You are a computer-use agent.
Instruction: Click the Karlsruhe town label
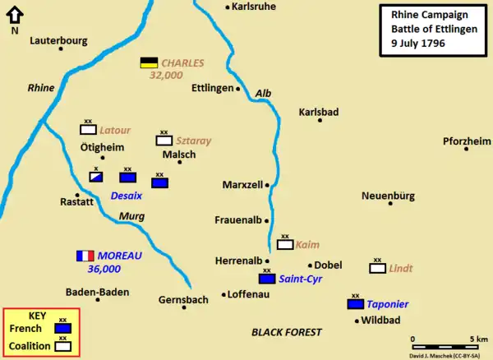click(x=255, y=7)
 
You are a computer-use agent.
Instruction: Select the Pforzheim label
click(x=467, y=141)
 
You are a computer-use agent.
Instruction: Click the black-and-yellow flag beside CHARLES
click(x=149, y=62)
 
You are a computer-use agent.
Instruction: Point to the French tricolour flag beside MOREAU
click(x=85, y=256)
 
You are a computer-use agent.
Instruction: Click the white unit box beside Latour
click(x=88, y=129)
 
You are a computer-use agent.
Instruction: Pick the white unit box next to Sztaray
click(x=164, y=141)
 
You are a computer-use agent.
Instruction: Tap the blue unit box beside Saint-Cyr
click(x=266, y=279)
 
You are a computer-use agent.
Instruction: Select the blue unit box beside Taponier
click(x=356, y=303)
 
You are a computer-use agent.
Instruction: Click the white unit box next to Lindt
click(x=377, y=268)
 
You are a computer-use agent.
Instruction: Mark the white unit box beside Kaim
click(x=285, y=244)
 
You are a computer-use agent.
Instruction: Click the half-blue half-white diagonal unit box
click(x=96, y=176)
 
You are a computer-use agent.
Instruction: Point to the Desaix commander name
click(x=127, y=196)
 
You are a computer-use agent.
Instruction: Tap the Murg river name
click(x=131, y=217)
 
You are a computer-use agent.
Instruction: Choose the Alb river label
click(x=264, y=94)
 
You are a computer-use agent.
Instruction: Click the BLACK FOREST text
click(x=286, y=332)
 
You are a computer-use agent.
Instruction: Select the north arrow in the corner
click(x=15, y=16)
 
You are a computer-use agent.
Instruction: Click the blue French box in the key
click(x=62, y=328)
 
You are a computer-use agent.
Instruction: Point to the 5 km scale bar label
click(x=478, y=339)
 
